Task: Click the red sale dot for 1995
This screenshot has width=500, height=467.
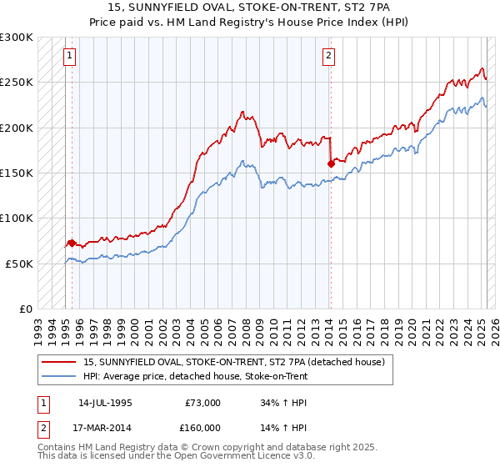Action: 72,244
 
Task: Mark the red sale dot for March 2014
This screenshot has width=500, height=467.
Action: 331,164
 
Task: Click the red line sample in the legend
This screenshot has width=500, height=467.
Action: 60,362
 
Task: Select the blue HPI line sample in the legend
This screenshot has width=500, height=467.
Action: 60,376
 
